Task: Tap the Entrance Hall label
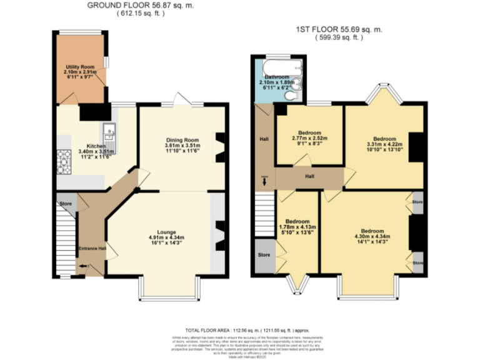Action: tap(92, 249)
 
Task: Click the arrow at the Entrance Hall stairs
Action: tap(84, 266)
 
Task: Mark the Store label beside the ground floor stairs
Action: tap(65, 204)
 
